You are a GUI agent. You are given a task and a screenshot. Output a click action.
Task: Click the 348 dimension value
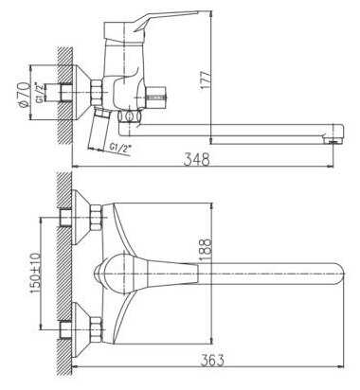pos(196,159)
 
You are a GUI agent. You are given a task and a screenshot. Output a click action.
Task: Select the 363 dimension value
pos(213,360)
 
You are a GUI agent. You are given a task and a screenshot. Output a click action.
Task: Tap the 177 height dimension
pos(206,79)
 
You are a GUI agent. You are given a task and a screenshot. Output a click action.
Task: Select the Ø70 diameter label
pos(25,95)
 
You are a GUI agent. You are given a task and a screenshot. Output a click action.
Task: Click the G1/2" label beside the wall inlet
pos(40,94)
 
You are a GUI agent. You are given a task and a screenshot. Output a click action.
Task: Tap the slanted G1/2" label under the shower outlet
pos(120,149)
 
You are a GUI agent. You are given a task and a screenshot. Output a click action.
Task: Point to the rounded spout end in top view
pos(338,274)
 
